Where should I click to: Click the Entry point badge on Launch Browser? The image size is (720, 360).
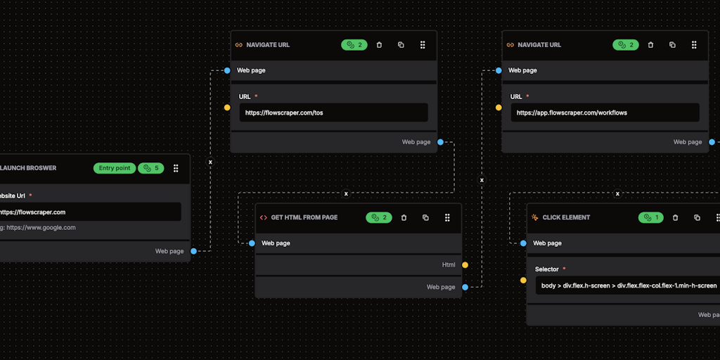(x=115, y=168)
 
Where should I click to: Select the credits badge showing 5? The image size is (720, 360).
(x=150, y=168)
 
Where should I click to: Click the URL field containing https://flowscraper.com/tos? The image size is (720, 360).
(x=333, y=112)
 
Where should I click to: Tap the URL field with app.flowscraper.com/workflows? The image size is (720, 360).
(x=605, y=112)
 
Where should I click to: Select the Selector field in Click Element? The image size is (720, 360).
(x=627, y=285)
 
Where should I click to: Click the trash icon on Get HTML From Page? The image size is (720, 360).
(x=404, y=217)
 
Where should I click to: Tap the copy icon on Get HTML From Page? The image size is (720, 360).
(x=425, y=217)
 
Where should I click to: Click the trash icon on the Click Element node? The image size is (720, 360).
(x=675, y=217)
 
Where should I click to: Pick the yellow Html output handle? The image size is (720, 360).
(x=465, y=265)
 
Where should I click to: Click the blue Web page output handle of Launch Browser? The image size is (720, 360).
(x=193, y=251)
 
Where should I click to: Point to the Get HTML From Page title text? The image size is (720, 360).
(x=304, y=217)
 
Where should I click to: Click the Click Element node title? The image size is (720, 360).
(x=566, y=217)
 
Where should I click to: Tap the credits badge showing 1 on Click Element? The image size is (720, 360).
(x=650, y=217)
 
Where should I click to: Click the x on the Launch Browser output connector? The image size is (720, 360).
(x=210, y=162)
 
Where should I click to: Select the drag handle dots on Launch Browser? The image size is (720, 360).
(x=176, y=168)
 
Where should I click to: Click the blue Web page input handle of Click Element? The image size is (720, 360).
(x=523, y=243)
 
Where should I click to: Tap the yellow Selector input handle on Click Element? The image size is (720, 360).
(x=523, y=280)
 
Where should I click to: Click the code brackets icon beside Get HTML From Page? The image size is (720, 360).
(x=264, y=217)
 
